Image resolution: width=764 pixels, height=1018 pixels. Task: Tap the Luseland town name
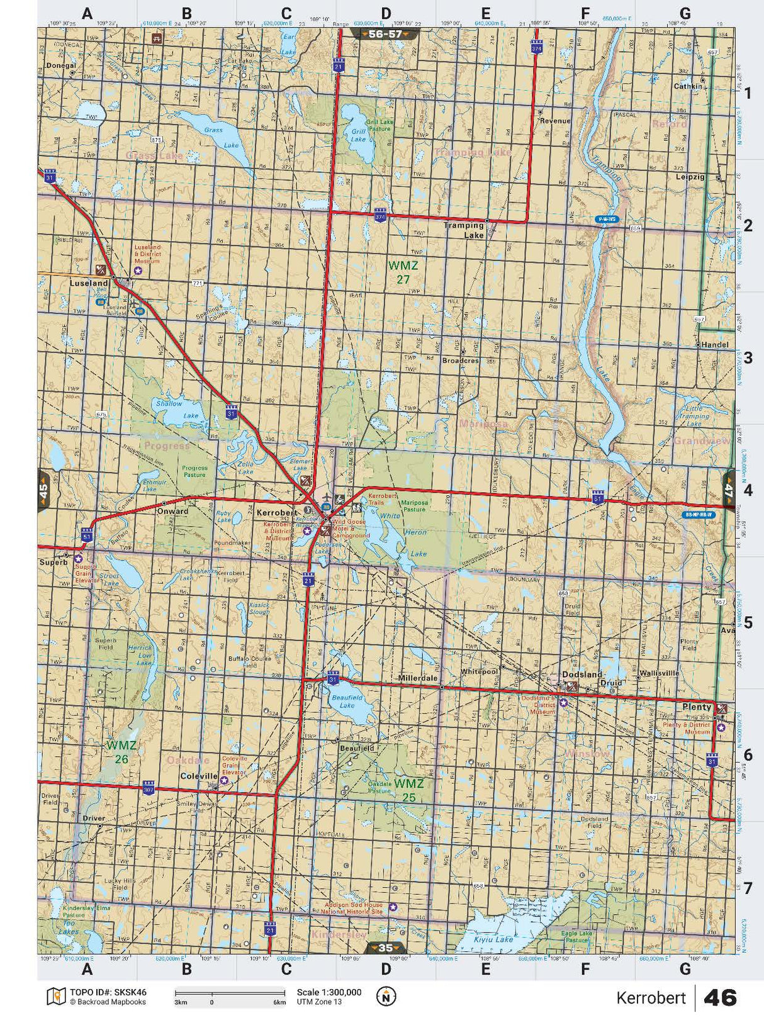point(89,283)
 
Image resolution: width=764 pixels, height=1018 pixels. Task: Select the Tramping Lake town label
point(464,230)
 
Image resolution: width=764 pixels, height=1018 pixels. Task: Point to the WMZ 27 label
point(403,272)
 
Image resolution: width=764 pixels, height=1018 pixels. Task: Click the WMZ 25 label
point(409,790)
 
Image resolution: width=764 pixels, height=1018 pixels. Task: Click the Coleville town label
point(198,776)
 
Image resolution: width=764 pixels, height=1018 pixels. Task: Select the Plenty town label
point(697,707)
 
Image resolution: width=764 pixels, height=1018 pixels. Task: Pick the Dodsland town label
point(578,674)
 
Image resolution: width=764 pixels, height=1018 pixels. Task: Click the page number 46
point(720,998)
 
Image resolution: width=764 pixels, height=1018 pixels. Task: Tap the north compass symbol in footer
point(386,996)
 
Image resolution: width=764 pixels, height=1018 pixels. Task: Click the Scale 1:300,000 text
point(329,992)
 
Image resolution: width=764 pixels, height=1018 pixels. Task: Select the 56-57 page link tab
point(385,34)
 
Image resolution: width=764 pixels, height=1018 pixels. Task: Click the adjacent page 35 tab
point(385,948)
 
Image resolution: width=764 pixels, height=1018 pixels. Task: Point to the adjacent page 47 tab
point(729,489)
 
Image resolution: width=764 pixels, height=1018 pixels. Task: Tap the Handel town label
point(716,345)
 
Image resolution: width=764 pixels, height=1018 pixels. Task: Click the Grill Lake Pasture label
point(379,125)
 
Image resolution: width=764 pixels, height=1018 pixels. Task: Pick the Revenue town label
point(555,121)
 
